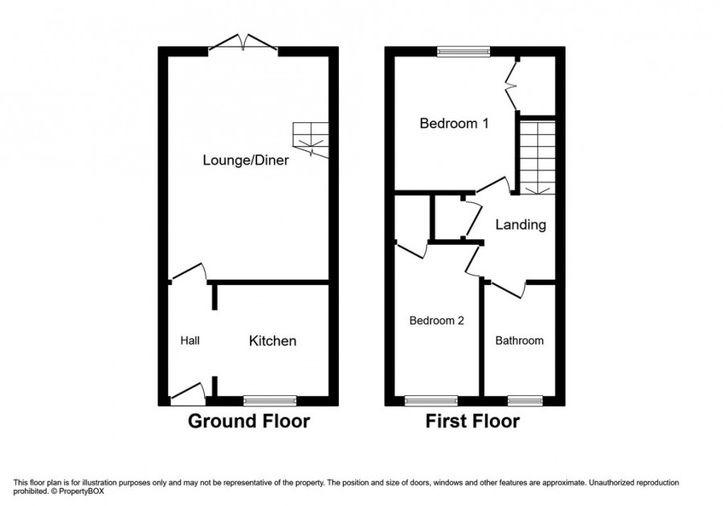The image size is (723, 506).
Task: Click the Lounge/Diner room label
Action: click(245, 160)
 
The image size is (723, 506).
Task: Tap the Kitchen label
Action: click(273, 341)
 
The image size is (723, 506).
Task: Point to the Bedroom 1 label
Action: click(454, 124)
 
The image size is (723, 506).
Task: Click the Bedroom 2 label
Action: click(436, 320)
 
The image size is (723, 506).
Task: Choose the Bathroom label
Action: click(519, 341)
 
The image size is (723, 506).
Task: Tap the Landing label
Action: click(520, 225)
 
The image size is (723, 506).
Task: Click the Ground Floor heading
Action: click(248, 421)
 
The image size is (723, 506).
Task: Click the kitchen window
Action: click(270, 400)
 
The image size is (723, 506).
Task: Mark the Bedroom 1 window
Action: click(464, 51)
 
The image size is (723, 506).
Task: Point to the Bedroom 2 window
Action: click(431, 400)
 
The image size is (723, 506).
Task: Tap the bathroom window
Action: click(525, 400)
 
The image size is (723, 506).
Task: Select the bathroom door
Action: click(508, 288)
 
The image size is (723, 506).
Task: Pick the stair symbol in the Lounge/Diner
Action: click(312, 140)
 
